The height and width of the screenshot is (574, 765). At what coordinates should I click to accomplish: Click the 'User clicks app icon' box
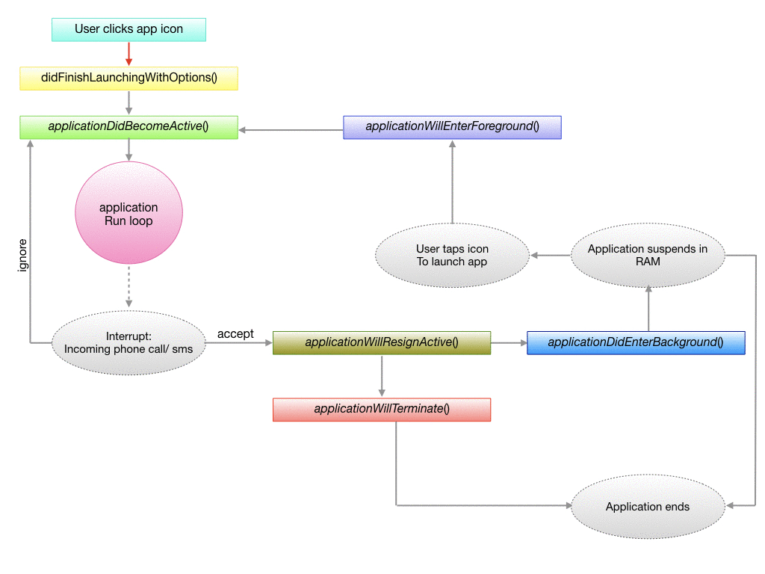128,30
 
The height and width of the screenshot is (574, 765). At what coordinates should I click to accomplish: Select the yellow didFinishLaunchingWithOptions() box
128,78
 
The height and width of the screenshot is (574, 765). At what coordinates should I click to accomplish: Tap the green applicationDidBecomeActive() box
128,127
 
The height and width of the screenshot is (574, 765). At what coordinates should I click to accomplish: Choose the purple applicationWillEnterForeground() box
452,127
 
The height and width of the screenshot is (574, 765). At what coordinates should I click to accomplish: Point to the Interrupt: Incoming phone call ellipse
128,343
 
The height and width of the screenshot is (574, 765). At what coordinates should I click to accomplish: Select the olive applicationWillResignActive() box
382,343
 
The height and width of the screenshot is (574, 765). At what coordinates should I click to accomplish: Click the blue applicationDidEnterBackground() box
636,343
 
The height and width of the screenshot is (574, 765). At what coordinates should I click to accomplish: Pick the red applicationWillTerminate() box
382,410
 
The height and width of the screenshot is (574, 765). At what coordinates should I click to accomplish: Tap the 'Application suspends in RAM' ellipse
648,256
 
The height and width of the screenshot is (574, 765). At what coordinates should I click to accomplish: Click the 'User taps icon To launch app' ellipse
452,256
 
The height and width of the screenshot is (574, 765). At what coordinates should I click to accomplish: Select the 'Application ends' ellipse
648,507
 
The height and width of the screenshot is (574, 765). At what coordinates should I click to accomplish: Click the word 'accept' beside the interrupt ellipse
235,334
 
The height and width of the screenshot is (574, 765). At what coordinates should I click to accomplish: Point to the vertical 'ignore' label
22,256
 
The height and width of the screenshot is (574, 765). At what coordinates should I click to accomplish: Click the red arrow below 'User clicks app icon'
128,54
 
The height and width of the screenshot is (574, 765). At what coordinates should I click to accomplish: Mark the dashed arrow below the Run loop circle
128,286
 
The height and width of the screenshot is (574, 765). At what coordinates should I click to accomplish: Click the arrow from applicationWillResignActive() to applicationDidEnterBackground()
509,343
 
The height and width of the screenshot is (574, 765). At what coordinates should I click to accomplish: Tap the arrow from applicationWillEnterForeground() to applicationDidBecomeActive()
291,131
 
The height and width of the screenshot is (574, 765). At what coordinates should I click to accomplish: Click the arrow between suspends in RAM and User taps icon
550,256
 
